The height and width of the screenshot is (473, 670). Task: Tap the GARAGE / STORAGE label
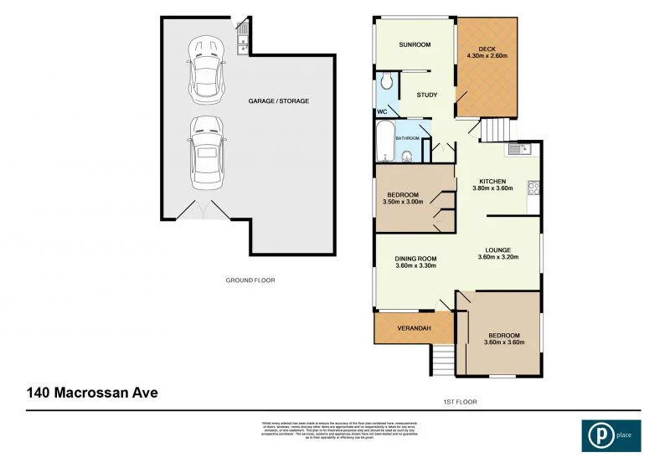(x=278, y=100)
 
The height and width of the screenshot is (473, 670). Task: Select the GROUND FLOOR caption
(x=250, y=280)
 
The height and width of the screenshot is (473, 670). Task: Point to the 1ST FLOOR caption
(x=460, y=402)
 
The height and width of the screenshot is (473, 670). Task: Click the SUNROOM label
(x=413, y=44)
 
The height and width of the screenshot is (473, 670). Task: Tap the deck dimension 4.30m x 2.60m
(x=487, y=57)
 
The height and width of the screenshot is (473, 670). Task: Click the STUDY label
(x=427, y=95)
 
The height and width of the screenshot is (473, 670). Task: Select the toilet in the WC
(x=386, y=81)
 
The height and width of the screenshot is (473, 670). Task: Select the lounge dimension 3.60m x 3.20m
(x=498, y=257)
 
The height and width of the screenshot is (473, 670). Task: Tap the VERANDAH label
(x=413, y=327)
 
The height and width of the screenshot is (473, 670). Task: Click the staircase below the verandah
(x=441, y=360)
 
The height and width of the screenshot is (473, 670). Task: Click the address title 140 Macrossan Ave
(x=92, y=392)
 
